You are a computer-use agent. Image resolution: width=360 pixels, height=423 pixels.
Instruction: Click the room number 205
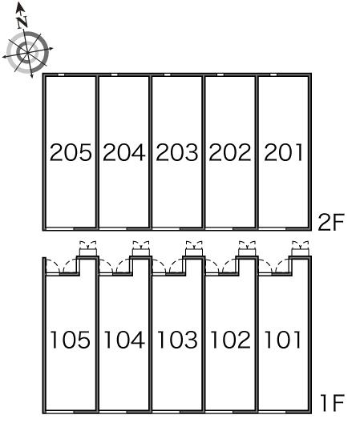(71, 152)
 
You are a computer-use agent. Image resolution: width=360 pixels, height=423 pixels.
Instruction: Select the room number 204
(124, 152)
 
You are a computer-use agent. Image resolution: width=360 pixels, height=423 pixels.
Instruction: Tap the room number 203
(177, 152)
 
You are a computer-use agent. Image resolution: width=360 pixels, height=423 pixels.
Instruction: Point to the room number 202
(230, 152)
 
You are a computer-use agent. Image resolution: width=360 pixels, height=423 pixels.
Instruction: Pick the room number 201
(283, 152)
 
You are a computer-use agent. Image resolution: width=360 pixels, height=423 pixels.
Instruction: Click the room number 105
(71, 340)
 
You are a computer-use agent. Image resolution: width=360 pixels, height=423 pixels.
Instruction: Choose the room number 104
(124, 340)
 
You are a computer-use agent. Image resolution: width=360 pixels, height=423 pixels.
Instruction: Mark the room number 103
(177, 340)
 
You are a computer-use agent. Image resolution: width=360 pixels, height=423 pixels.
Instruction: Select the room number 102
(230, 340)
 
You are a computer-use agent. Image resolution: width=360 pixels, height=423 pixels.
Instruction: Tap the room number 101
(282, 340)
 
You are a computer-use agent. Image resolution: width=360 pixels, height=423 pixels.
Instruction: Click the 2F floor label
(331, 222)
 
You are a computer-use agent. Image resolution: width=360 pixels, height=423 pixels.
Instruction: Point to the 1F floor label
(332, 403)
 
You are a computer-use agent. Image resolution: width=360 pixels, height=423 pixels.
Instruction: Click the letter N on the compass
(22, 22)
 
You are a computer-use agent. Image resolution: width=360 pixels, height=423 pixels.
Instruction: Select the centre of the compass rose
(27, 53)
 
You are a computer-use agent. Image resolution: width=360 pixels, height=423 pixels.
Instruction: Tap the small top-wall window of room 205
(61, 75)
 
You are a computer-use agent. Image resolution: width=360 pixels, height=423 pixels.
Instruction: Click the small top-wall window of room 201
(273, 75)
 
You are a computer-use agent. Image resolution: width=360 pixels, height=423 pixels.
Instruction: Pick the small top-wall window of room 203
(168, 75)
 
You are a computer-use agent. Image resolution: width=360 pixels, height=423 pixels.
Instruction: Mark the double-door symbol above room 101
(301, 248)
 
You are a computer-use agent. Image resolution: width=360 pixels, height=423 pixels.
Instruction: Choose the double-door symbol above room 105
(87, 248)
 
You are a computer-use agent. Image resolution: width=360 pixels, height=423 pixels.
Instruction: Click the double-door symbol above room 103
(194, 248)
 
